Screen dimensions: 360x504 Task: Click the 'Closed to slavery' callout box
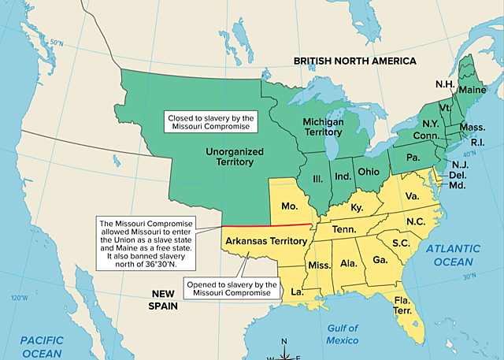point(211,122)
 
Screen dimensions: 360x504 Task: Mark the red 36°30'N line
point(264,225)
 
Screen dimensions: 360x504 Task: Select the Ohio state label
point(369,171)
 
